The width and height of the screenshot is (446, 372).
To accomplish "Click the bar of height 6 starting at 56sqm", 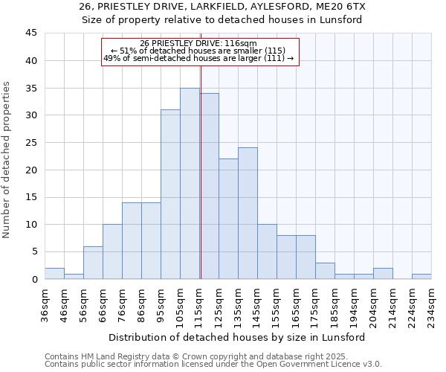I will tap(93, 263).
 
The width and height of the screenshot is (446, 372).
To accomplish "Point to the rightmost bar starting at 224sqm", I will tap(421, 277).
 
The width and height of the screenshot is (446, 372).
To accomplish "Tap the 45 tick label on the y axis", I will tap(30, 33).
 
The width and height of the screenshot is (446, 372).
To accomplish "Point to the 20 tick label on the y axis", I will tap(30, 170).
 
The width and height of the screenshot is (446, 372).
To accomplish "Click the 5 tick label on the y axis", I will tap(33, 251).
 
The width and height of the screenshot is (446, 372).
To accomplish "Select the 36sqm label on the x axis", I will tap(45, 303).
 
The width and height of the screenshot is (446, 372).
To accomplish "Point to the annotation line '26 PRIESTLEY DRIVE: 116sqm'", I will tap(198, 43).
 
